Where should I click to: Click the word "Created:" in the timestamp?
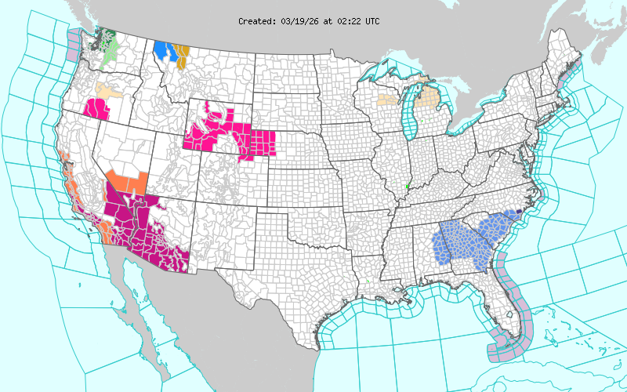click(x=257, y=21)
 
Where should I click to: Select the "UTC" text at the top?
click(x=371, y=21)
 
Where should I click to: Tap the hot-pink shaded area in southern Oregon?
click(x=96, y=109)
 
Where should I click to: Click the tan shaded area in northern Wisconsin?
click(x=386, y=100)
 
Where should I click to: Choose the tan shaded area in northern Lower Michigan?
click(x=427, y=100)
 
